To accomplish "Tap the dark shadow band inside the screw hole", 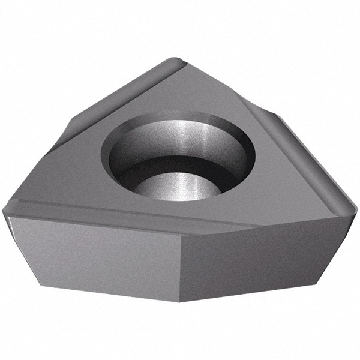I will coord(180,165).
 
